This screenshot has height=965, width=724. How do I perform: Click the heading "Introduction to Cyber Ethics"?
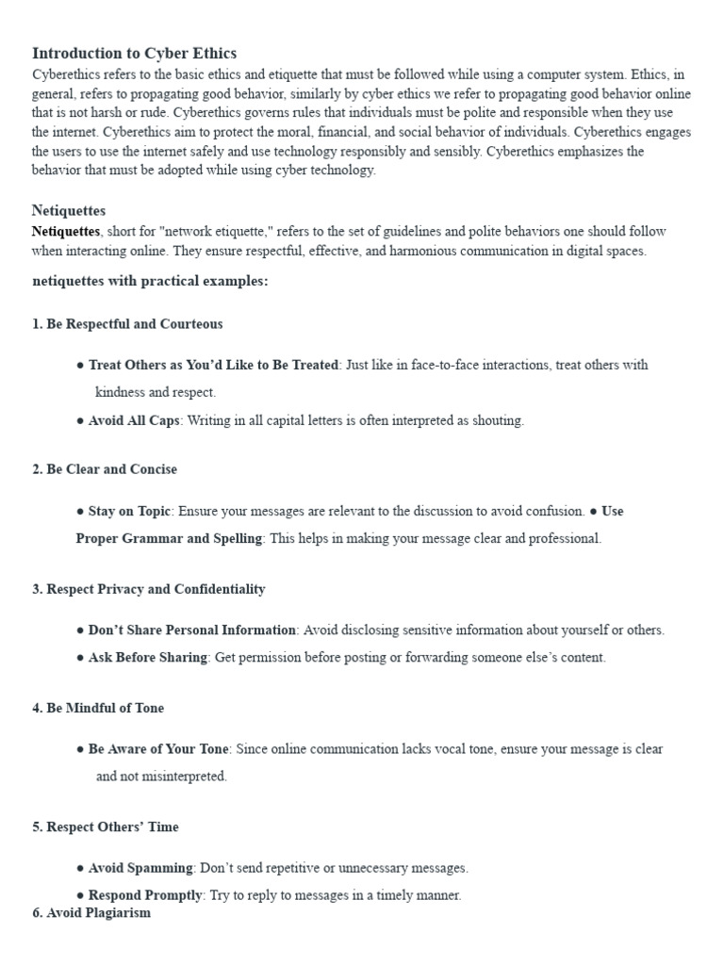[x=134, y=53]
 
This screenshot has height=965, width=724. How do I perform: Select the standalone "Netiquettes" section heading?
[x=69, y=210]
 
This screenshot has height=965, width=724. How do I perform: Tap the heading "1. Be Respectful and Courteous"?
[x=127, y=324]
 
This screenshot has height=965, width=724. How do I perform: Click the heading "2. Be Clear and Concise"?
[x=105, y=469]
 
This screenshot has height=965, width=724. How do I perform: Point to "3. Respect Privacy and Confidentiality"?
[x=149, y=589]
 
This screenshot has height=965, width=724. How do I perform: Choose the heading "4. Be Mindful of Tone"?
[x=98, y=708]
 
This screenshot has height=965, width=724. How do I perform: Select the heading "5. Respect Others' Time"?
[x=106, y=826]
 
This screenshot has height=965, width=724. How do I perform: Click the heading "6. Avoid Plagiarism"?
[x=91, y=913]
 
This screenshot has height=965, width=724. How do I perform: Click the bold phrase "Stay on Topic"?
[x=130, y=511]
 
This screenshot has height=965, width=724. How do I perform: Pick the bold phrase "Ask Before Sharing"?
[x=148, y=658]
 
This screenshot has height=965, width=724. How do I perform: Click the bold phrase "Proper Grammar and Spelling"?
[x=170, y=539]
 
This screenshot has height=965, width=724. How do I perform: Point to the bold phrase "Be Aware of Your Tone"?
[x=158, y=749]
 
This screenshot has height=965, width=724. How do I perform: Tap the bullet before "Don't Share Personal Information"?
[x=80, y=630]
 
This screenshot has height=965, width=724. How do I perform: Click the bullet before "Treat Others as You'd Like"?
[x=80, y=365]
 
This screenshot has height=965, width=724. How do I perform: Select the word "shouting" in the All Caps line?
[x=498, y=421]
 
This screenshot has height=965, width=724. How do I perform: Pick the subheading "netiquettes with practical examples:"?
[x=150, y=282]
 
